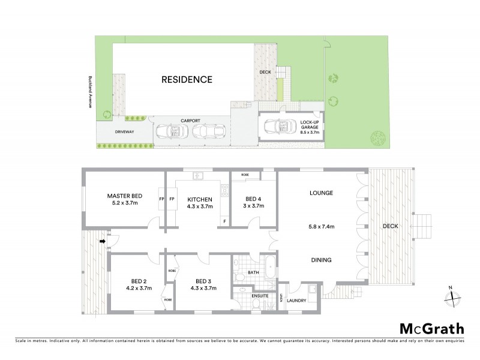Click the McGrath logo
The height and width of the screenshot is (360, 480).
coord(431,328)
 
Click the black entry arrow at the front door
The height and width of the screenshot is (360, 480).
coord(102,241)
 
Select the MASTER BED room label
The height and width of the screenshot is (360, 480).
coord(124,196)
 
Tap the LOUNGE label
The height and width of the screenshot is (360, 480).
coord(321,193)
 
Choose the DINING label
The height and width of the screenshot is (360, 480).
coord(321,260)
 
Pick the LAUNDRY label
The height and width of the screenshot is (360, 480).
coord(296,301)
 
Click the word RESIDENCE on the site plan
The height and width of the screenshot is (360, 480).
coord(186,79)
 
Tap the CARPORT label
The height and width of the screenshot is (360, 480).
coord(190,120)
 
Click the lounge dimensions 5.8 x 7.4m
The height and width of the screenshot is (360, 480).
coord(321,226)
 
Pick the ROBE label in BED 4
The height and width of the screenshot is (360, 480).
coord(245,175)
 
